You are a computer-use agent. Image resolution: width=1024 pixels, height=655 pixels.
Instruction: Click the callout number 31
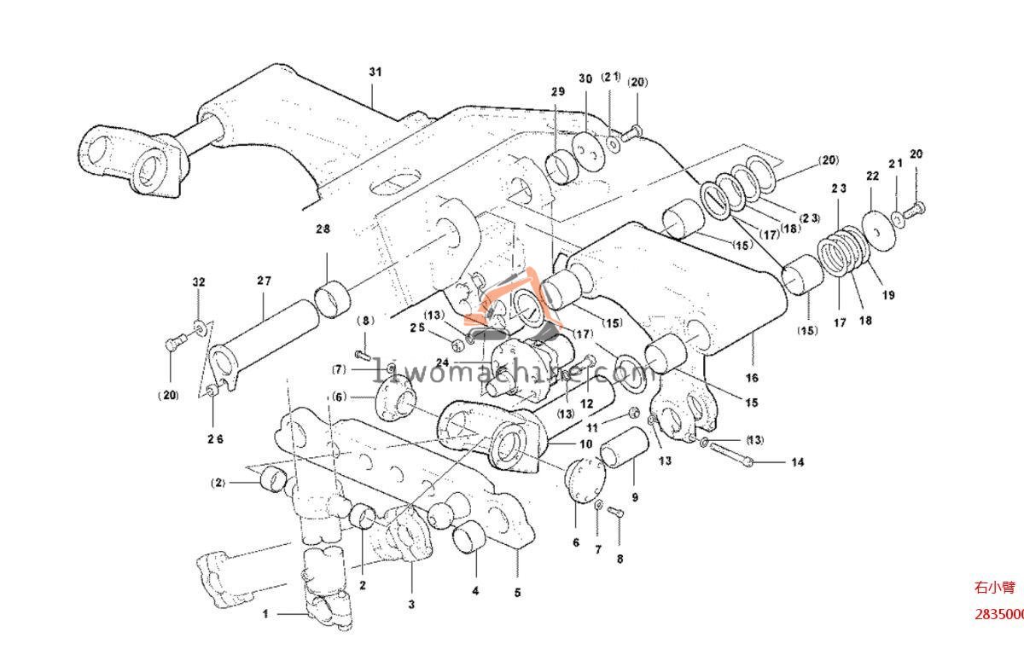pos(375,72)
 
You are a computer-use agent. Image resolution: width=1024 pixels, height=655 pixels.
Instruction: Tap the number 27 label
pos(263,281)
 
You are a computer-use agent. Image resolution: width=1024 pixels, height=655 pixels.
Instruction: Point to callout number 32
pos(198,281)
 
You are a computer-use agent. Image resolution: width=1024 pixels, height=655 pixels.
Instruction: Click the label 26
pos(214,439)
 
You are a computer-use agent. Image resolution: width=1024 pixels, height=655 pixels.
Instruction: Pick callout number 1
pos(265,613)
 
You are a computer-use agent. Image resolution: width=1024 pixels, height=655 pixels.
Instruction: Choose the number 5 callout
pos(517,592)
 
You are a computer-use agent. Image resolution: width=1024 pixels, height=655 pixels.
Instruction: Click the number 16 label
pos(752,377)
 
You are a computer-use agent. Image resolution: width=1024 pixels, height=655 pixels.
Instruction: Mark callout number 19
pos(888,295)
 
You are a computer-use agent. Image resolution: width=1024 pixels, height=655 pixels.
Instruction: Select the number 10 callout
pos(585,444)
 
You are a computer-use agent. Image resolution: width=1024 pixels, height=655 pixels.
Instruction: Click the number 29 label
pos(557,91)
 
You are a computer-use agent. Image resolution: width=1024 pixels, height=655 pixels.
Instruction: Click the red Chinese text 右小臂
pos(993,588)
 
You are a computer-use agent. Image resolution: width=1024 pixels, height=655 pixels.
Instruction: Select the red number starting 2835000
pos(1000,614)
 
